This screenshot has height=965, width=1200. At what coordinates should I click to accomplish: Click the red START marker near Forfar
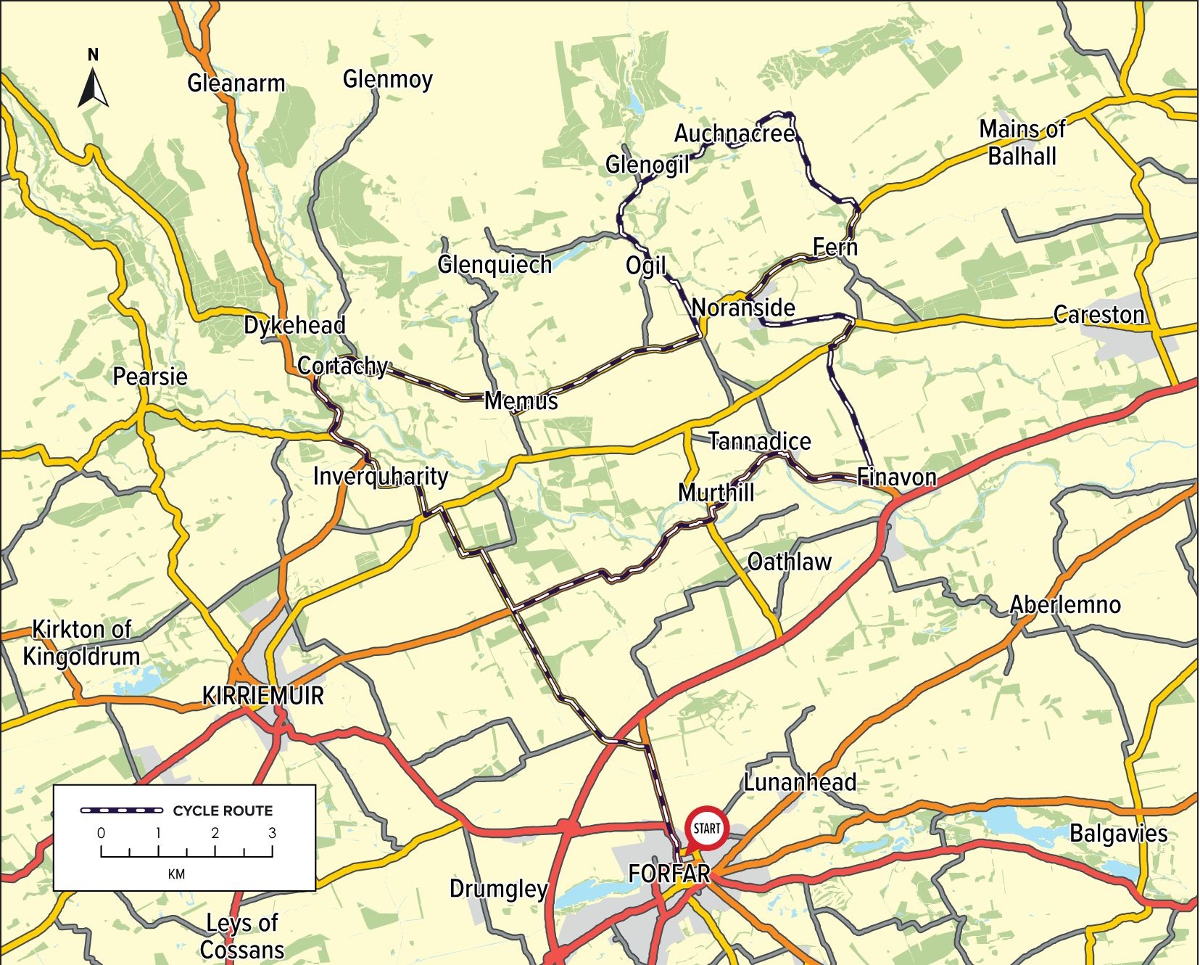[x=707, y=828]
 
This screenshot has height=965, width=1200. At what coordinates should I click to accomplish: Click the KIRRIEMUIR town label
[x=262, y=695]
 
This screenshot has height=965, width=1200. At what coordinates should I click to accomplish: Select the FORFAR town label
[x=669, y=874]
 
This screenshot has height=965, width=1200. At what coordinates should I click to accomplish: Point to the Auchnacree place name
[x=734, y=134]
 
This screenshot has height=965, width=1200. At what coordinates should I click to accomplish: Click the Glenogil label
[x=647, y=165]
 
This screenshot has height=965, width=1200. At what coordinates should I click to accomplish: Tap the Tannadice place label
[x=759, y=440]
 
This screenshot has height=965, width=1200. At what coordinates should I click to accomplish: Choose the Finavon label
[x=896, y=477]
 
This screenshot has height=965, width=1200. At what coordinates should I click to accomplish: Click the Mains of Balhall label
[x=1022, y=142]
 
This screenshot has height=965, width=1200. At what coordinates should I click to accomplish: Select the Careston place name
[x=1098, y=314]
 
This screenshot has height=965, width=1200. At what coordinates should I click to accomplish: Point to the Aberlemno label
[x=1065, y=604]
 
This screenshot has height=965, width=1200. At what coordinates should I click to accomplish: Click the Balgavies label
[x=1118, y=833]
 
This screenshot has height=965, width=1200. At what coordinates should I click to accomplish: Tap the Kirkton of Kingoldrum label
[x=81, y=642]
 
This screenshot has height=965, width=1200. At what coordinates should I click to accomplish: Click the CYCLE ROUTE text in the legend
[x=223, y=810]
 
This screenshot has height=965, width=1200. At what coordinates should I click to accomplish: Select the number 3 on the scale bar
[x=272, y=832]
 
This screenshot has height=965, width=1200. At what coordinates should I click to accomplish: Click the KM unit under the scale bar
[x=176, y=874]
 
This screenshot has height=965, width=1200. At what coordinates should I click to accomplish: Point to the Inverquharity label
[x=380, y=476]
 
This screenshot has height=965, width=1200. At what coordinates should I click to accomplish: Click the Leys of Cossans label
[x=242, y=936]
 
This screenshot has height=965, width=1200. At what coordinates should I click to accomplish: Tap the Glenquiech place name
[x=495, y=264]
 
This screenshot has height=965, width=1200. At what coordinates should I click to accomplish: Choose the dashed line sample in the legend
[x=121, y=810]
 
